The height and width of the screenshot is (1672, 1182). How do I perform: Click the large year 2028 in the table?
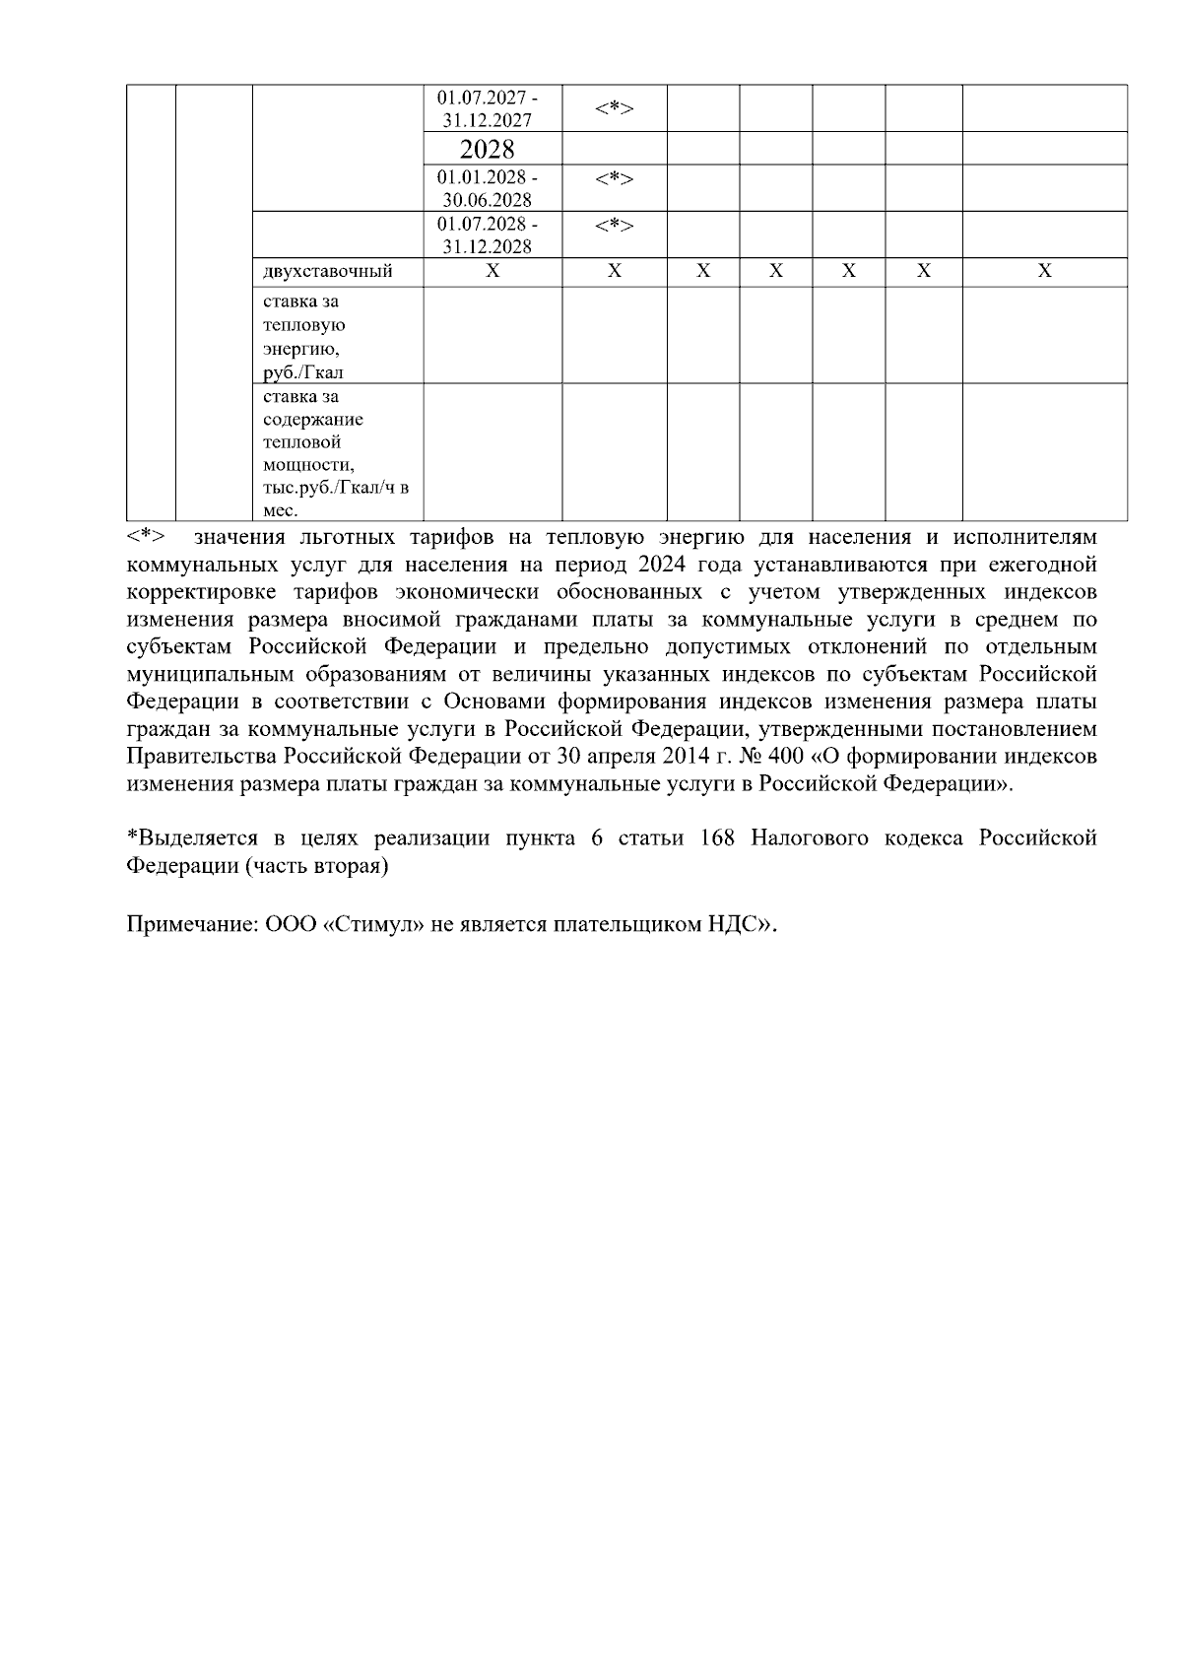(x=488, y=150)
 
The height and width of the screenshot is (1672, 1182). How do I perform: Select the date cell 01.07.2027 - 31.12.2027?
(x=488, y=109)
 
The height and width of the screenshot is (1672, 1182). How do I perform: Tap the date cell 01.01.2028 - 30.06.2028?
(x=488, y=188)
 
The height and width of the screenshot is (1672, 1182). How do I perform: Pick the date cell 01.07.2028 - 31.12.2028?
(x=488, y=234)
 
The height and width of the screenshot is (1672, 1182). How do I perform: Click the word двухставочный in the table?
(x=328, y=271)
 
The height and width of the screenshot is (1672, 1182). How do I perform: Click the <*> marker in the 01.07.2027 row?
(x=614, y=108)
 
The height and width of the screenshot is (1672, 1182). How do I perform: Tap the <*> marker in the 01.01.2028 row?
(x=614, y=178)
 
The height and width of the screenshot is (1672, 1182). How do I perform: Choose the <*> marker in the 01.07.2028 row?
(x=614, y=226)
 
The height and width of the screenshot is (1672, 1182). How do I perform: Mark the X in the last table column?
(x=1044, y=271)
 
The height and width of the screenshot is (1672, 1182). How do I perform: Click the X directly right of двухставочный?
(x=492, y=271)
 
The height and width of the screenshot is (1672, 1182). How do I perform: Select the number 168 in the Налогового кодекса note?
(x=717, y=838)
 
